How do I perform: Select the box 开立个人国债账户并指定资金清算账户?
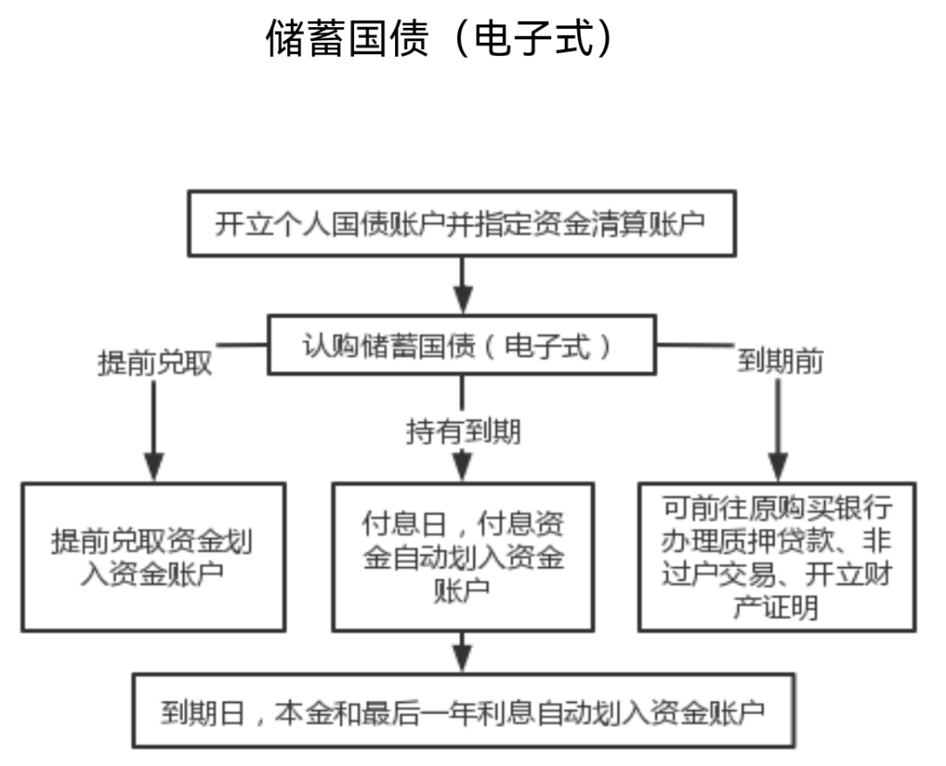(x=462, y=224)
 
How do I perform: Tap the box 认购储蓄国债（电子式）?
(x=462, y=347)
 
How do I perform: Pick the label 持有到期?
(x=462, y=431)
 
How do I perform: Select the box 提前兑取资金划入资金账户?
(x=153, y=557)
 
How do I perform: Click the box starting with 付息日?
(x=462, y=557)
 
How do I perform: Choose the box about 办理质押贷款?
(x=776, y=557)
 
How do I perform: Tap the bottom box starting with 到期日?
(x=462, y=711)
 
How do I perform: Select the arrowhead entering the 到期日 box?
(x=462, y=657)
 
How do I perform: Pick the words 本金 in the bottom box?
(x=293, y=712)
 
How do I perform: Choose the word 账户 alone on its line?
(x=462, y=592)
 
